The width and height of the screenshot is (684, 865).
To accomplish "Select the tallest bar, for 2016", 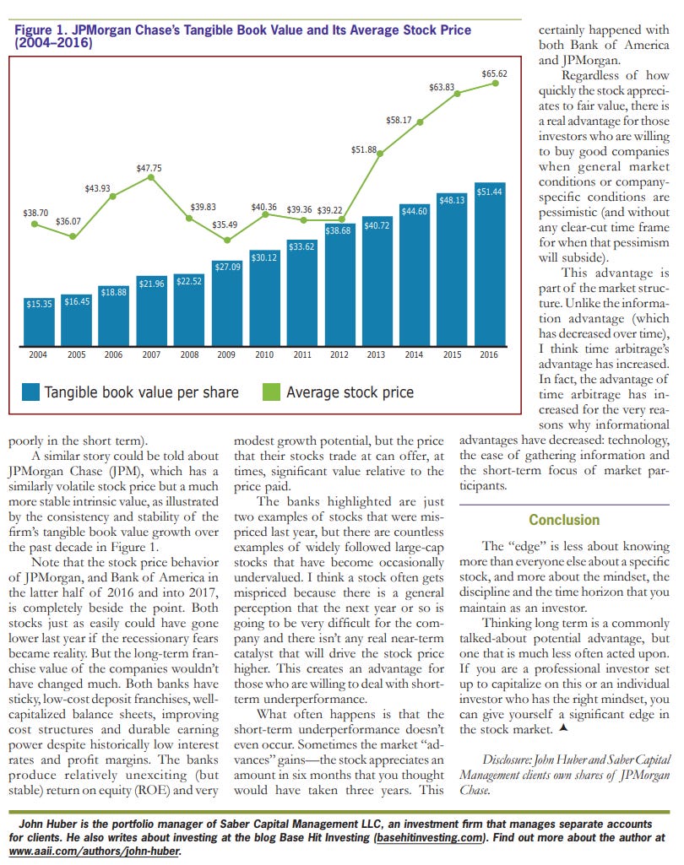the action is pos(490,264).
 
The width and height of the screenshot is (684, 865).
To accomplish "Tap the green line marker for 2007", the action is pos(150,177).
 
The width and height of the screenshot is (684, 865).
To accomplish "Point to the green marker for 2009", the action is pos(227,240).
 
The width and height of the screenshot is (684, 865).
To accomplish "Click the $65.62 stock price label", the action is pos(494,73).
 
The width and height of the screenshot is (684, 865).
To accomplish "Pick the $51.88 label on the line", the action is pos(364,149).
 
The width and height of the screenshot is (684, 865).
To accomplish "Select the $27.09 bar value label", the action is pos(227,267).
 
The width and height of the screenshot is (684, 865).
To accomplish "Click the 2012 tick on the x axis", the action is pos(339,354).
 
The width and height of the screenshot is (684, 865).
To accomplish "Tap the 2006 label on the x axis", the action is pos(113,354).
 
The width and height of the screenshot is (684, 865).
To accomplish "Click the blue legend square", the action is pos(31,392).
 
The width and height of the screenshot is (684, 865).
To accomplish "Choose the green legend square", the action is pos(272,392).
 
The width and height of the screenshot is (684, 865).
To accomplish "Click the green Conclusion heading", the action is pos(564,520).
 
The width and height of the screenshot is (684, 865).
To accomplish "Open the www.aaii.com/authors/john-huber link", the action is pos(95,851).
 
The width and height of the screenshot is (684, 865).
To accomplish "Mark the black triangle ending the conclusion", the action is pos(563,728).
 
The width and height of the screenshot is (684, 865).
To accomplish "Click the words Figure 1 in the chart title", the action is pos(39,30).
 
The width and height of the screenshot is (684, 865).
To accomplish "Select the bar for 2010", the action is pos(264,298).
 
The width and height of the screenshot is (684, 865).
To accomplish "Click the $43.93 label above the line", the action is pos(97,189).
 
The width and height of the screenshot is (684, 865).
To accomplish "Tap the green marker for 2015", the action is pos(458,95).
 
